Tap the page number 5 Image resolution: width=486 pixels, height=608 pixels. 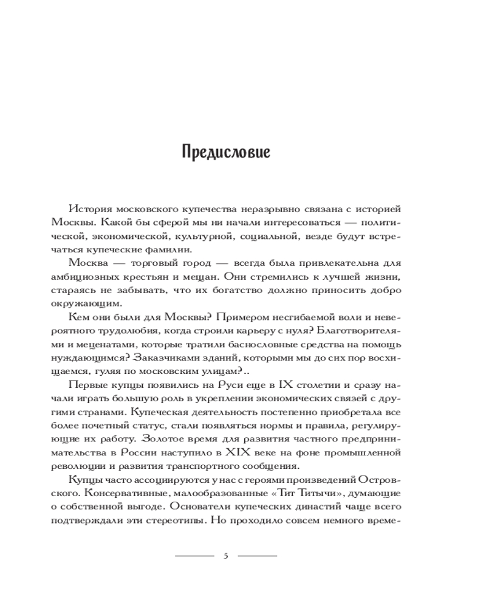coord(225,556)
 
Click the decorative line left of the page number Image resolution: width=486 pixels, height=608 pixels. coord(194,556)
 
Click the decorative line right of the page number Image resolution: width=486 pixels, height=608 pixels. coord(257,556)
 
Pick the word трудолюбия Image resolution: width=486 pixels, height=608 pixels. coord(138,329)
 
